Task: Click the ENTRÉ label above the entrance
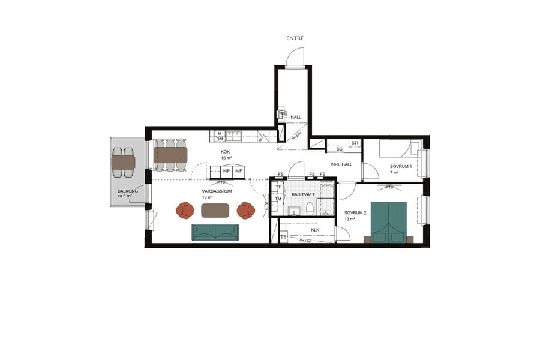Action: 295,38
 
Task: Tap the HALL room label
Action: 296,118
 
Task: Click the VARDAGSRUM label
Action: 217,191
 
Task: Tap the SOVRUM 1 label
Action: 400,166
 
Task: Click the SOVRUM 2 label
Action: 355,213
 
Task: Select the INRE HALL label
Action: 341,164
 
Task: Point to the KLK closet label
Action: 315,230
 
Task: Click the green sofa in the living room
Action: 215,232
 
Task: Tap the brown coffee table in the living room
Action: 215,211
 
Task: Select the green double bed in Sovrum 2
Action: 389,221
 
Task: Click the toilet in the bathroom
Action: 310,208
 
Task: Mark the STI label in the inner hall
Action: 355,143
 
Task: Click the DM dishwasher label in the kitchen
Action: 220,139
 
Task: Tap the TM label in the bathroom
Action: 278,199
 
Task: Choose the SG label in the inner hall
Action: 339,149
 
